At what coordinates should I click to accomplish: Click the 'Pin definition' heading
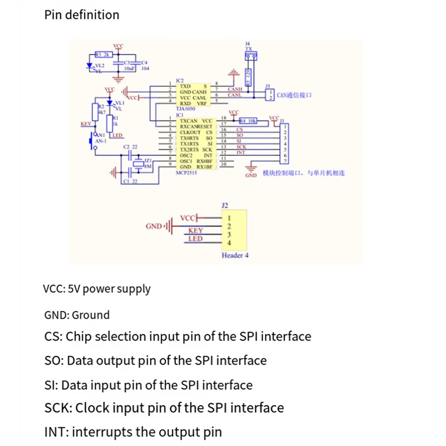(x=82, y=15)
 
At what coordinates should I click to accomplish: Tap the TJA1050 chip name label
(x=185, y=109)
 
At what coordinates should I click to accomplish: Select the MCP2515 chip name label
(x=186, y=173)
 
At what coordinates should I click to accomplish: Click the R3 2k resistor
(x=103, y=55)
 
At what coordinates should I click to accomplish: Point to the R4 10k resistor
(x=248, y=121)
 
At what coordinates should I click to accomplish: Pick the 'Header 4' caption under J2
(x=235, y=255)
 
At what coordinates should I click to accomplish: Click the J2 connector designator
(x=225, y=206)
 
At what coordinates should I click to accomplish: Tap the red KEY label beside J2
(x=195, y=230)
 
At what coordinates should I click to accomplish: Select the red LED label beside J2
(x=195, y=239)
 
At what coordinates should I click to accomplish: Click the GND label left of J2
(x=153, y=226)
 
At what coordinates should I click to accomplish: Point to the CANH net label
(x=235, y=89)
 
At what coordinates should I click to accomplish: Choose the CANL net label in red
(x=235, y=95)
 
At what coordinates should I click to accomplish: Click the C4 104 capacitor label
(x=145, y=65)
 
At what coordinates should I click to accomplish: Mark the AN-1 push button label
(x=101, y=141)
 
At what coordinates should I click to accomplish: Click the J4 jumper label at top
(x=248, y=44)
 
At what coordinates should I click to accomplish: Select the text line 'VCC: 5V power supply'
(x=97, y=289)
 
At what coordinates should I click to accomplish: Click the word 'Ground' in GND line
(x=91, y=315)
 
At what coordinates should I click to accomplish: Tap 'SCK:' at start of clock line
(x=58, y=408)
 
